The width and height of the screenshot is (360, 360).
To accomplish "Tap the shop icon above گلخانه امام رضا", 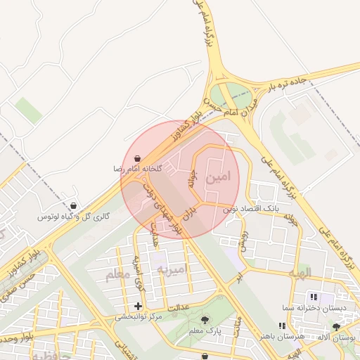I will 138,158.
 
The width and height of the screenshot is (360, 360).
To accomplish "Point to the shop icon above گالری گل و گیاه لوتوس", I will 84,207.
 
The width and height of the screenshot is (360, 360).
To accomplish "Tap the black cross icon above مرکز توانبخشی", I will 138,306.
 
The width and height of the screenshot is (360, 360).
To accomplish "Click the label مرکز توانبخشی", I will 138,317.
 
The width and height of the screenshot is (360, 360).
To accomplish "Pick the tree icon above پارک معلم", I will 205,320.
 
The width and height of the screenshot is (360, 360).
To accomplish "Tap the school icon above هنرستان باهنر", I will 281,326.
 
